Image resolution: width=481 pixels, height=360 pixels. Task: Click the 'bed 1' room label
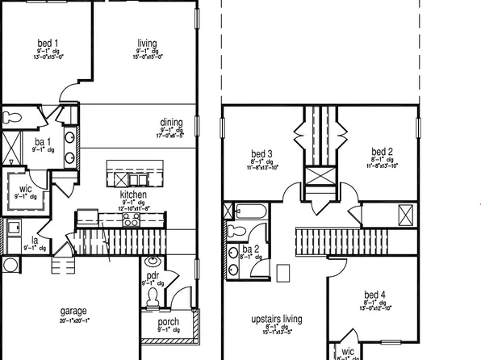pyautogui.click(x=48, y=43)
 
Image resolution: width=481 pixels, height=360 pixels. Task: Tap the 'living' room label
pyautogui.click(x=147, y=43)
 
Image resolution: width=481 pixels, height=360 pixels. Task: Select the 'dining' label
pyautogui.click(x=171, y=123)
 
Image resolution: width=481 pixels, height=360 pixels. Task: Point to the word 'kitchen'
pyautogui.click(x=133, y=195)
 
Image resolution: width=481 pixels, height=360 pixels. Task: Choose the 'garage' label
pyautogui.click(x=73, y=311)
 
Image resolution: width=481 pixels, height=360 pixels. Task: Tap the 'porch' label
pyautogui.click(x=168, y=321)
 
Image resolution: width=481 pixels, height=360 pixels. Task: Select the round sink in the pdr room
pyautogui.click(x=150, y=262)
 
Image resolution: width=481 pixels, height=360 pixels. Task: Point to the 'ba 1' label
pyautogui.click(x=43, y=142)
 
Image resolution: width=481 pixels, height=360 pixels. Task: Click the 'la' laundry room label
pyautogui.click(x=36, y=240)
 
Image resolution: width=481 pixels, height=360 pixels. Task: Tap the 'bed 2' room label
pyautogui.click(x=382, y=152)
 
